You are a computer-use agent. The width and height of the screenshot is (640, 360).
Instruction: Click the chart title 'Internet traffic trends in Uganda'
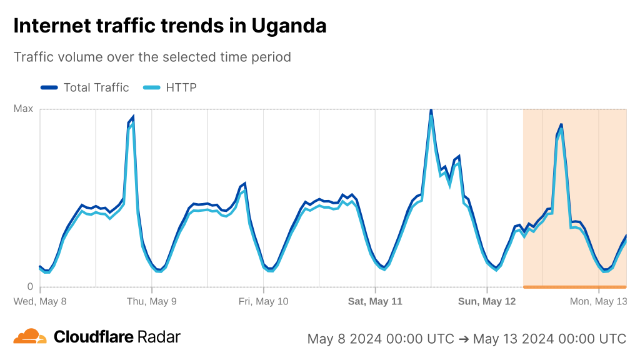tap(169, 26)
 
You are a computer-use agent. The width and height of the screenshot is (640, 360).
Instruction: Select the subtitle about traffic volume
tap(152, 57)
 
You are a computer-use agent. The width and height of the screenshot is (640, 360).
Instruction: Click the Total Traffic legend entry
tap(85, 87)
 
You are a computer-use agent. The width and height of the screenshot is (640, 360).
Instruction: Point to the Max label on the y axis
tap(23, 109)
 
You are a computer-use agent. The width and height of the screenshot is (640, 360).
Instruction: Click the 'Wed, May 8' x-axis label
tap(40, 301)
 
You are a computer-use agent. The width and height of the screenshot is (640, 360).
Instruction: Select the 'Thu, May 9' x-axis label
tap(151, 301)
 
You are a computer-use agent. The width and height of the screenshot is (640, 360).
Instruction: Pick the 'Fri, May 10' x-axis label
tap(263, 301)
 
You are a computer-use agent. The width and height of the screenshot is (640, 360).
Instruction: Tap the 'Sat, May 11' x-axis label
tap(375, 301)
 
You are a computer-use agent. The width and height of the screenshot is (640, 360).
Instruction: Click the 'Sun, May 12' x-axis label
tap(487, 301)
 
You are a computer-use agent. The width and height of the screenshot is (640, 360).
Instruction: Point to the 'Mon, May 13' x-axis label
tap(598, 301)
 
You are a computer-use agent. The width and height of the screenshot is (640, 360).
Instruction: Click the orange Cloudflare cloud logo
tap(30, 336)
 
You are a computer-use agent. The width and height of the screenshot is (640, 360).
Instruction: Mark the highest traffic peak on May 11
tap(431, 111)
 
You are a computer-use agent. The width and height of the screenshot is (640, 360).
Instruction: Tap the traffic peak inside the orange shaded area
tap(561, 125)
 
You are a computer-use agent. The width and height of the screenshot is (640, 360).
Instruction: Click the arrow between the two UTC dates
tap(464, 339)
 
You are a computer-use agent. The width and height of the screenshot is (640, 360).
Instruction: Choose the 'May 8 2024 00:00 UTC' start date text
tap(381, 339)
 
